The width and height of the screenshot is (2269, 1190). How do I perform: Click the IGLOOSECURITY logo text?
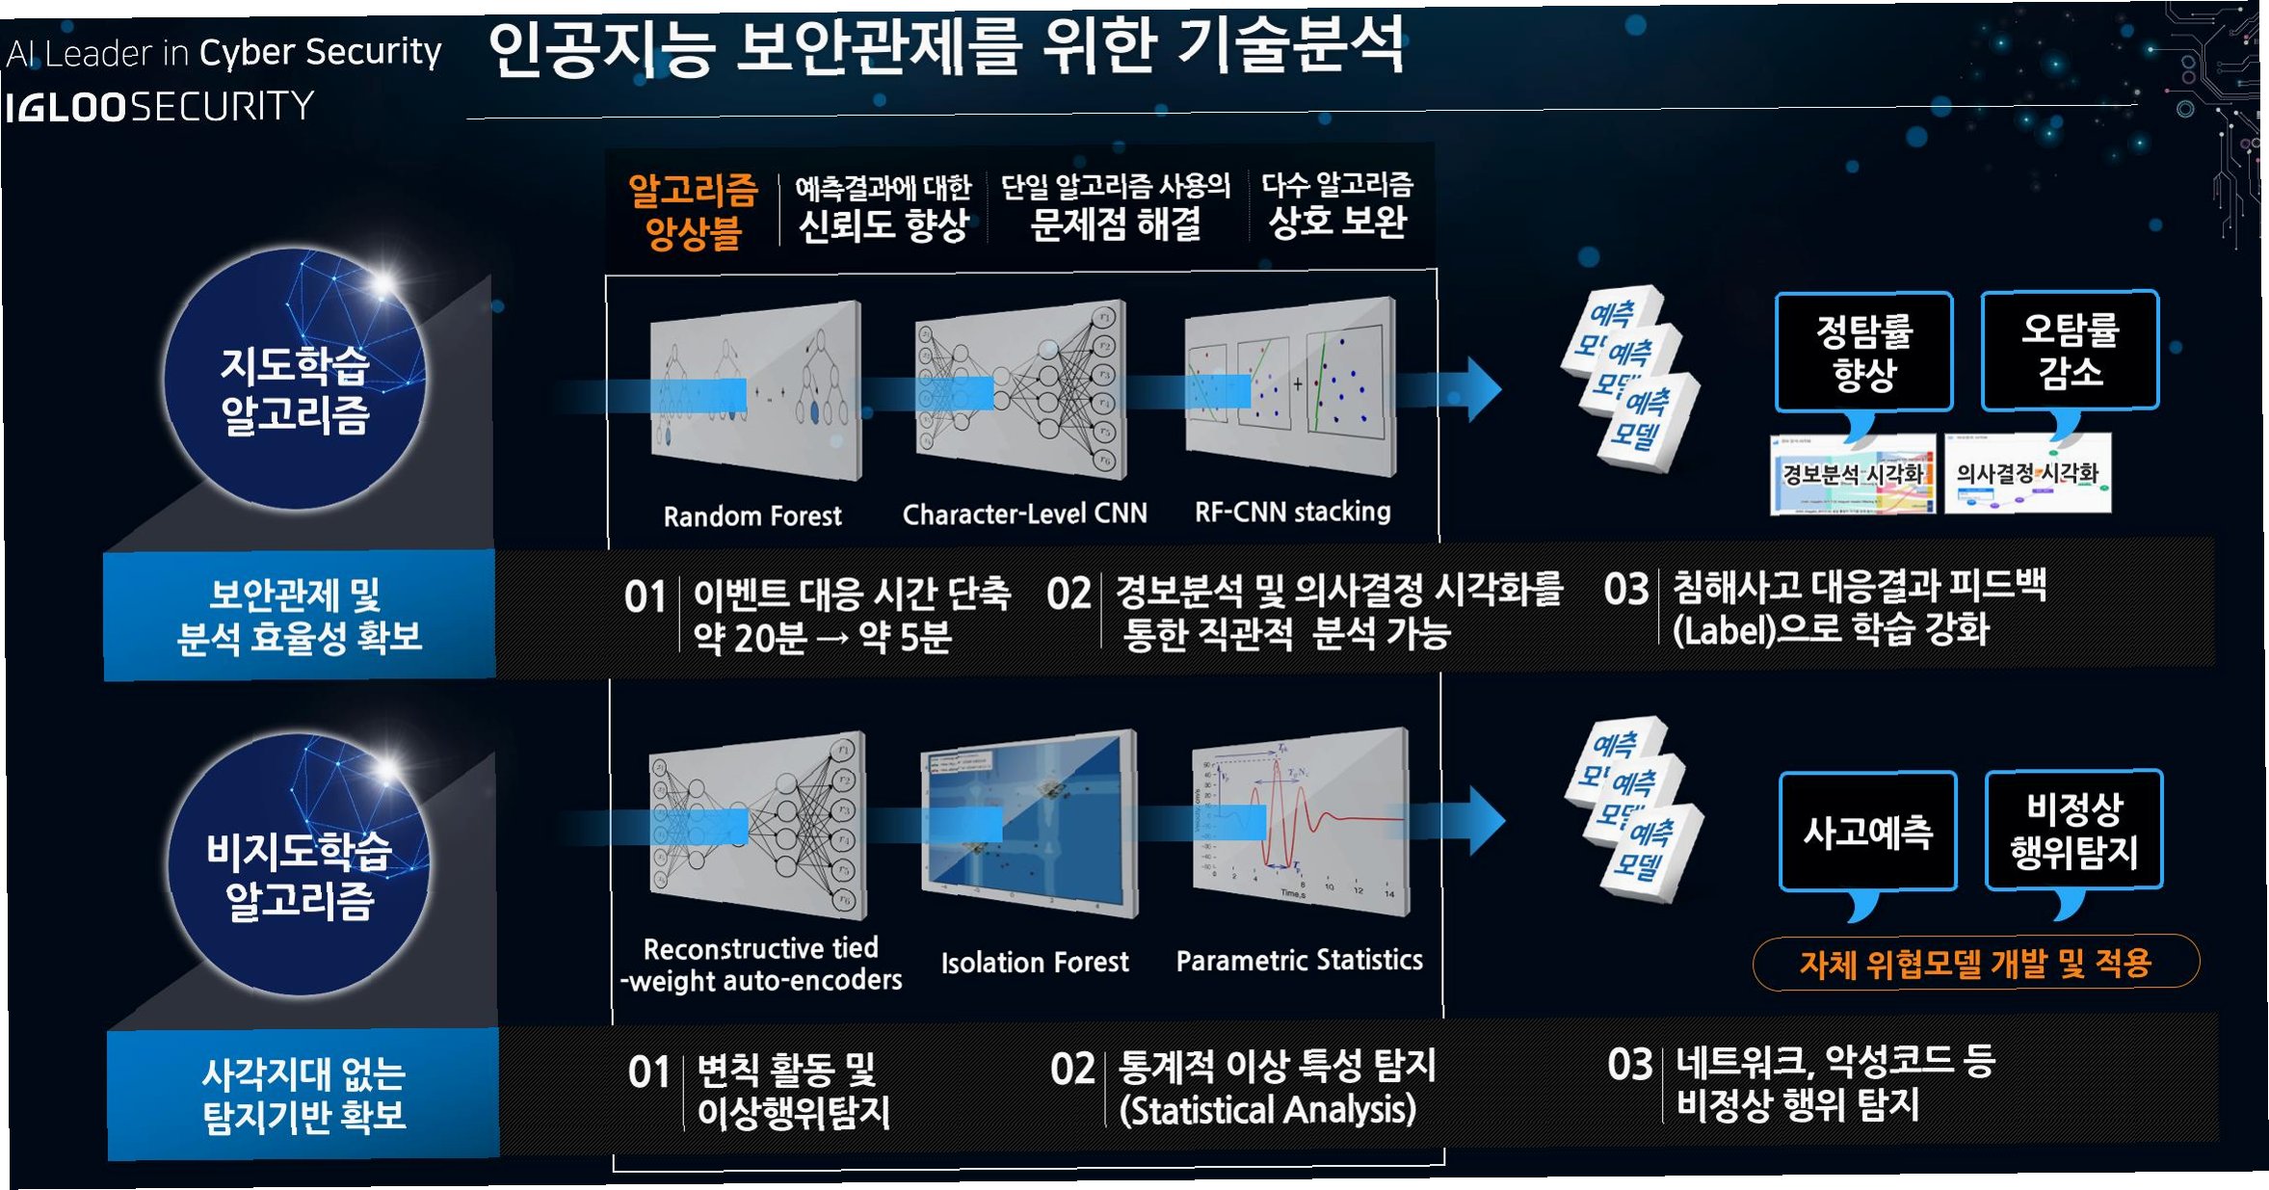160,106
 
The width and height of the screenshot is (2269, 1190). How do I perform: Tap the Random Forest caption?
752,516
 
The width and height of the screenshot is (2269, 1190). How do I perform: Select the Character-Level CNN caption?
1024,514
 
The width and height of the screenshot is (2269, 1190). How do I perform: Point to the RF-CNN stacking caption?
1292,512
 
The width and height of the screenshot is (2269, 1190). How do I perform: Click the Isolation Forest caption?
1035,962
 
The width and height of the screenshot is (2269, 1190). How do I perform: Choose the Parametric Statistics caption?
1299,960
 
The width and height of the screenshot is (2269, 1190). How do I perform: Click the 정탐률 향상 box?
1863,352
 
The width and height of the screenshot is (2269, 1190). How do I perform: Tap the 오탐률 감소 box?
2070,350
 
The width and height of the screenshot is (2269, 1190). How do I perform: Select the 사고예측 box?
1867,832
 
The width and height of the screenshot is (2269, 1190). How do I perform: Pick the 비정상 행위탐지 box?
2073,830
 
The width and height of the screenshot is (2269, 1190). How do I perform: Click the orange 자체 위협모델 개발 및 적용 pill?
1975,963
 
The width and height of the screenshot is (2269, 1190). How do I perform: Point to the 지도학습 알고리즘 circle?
295,382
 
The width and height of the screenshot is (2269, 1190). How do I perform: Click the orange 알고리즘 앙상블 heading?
693,210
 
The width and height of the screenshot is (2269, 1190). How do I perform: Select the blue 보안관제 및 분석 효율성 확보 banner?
300,616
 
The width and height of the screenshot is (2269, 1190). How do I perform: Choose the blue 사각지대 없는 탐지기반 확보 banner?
303,1095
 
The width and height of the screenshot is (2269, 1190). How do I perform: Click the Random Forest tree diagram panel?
755,390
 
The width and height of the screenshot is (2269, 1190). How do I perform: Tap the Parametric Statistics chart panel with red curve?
1300,822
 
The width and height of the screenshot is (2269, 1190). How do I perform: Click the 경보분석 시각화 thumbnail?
1852,474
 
